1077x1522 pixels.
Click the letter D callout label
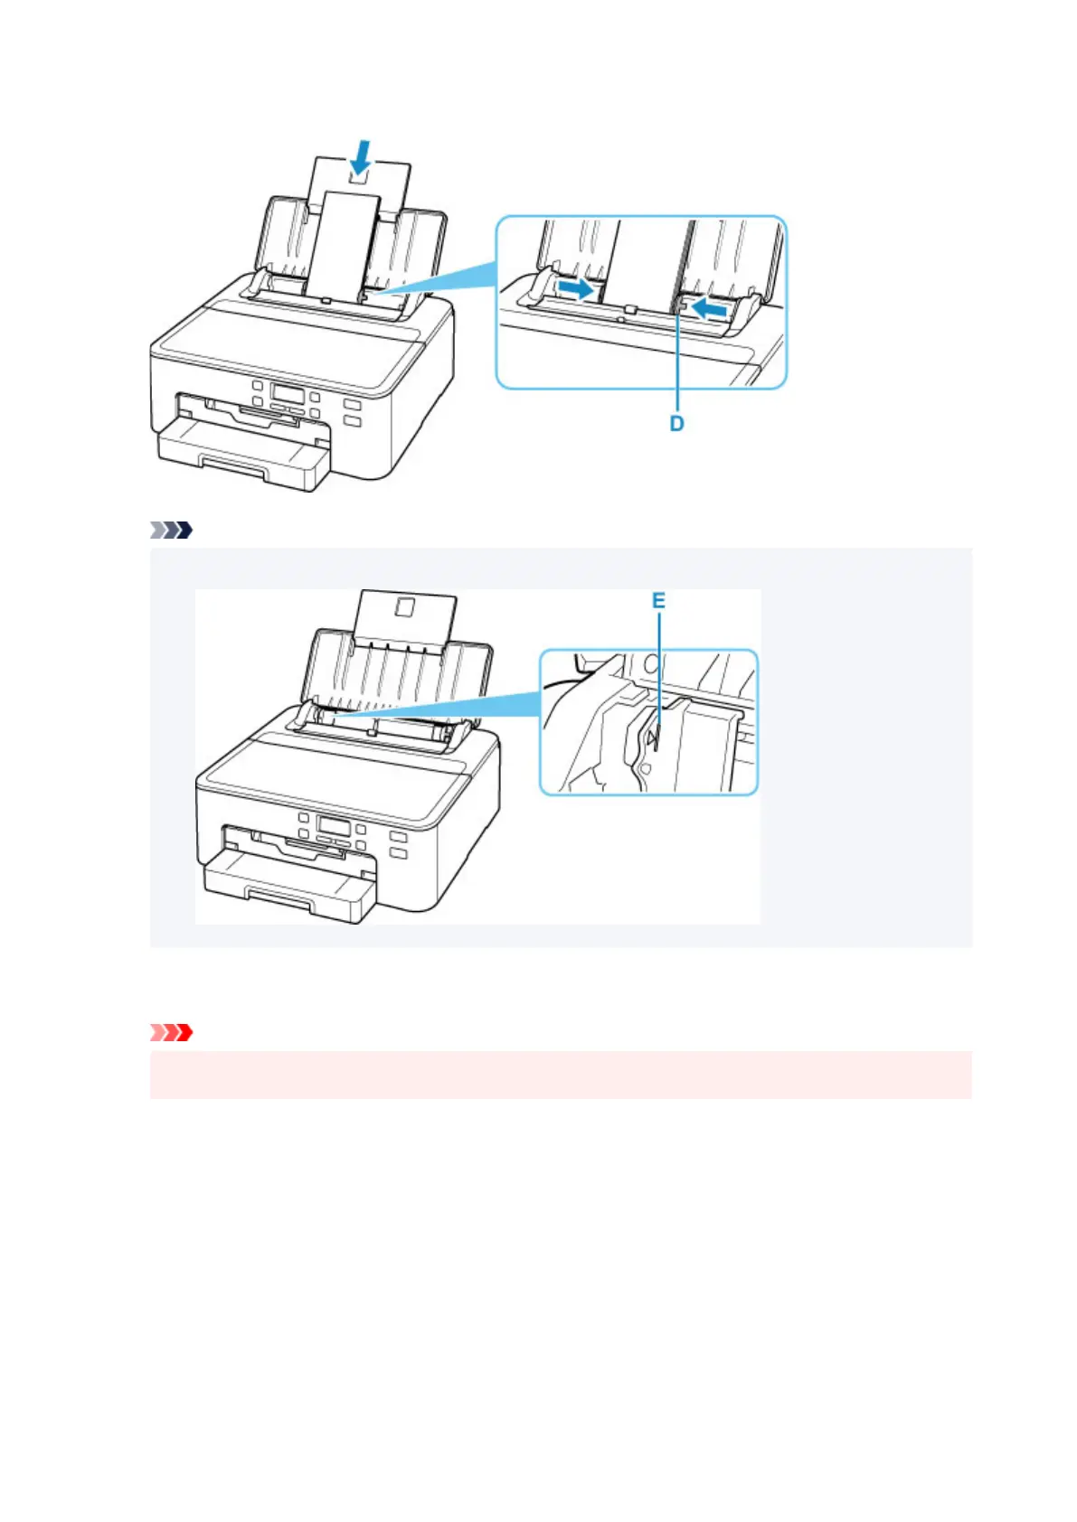pyautogui.click(x=676, y=423)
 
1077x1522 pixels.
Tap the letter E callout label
pyautogui.click(x=658, y=600)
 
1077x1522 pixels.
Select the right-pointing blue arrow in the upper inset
pyautogui.click(x=581, y=288)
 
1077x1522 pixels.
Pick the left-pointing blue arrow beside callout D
pyautogui.click(x=709, y=309)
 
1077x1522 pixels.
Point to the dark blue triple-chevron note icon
pyautogui.click(x=172, y=531)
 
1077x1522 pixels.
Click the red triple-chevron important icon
pyautogui.click(x=172, y=1032)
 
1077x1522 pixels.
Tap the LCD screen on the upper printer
pyautogui.click(x=287, y=395)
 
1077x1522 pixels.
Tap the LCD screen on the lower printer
pyautogui.click(x=334, y=829)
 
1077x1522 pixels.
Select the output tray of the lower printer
pyautogui.click(x=288, y=889)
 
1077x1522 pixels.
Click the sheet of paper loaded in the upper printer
pyautogui.click(x=344, y=244)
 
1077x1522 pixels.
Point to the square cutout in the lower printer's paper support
pyautogui.click(x=404, y=609)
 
